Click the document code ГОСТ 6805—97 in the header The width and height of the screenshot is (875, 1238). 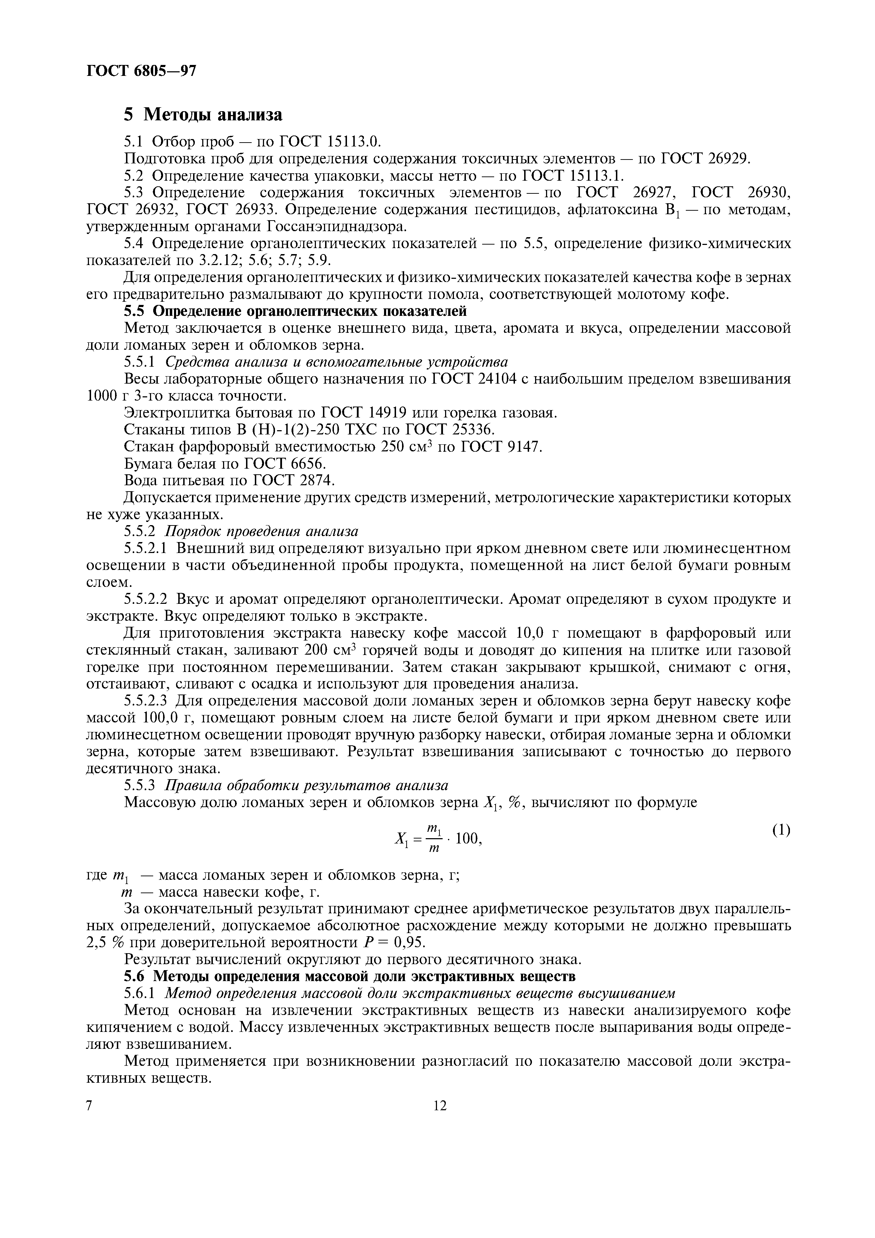(141, 71)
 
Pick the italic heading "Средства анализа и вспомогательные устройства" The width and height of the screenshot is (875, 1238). (336, 362)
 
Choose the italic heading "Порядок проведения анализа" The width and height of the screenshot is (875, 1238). (262, 531)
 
